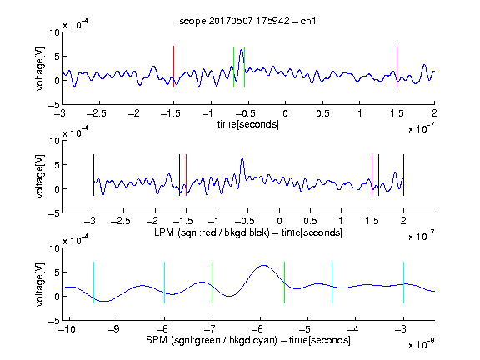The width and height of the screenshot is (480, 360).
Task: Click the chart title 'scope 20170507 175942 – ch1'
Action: point(247,21)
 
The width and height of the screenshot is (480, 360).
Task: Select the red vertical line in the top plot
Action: point(173,67)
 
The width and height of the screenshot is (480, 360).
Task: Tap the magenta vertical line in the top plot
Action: point(397,67)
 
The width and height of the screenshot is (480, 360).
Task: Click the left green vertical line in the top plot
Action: point(233,67)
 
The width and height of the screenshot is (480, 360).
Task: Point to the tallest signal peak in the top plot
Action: point(242,50)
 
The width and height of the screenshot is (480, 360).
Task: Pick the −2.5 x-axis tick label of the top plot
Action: point(96,114)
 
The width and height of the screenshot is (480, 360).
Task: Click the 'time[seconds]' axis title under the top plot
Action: point(248,124)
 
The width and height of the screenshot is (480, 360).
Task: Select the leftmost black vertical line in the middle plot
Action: point(93,175)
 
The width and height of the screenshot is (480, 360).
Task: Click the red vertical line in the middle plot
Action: point(186,175)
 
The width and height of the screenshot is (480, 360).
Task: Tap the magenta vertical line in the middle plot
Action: point(372,175)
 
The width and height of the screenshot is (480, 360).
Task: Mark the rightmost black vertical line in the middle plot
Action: point(403,175)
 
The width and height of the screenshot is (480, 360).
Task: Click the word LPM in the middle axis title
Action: point(164,232)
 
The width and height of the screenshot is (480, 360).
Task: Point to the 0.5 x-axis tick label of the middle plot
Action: point(310,221)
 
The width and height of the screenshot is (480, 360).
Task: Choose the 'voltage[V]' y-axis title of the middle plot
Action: point(40,177)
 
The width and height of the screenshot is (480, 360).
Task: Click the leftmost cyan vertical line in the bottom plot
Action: point(93,282)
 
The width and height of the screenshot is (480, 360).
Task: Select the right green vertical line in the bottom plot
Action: point(284,282)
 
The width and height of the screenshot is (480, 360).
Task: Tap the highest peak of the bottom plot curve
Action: point(263,265)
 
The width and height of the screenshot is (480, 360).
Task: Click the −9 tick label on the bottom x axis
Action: point(114,329)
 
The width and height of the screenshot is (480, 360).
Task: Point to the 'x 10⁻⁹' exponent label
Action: point(422,344)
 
